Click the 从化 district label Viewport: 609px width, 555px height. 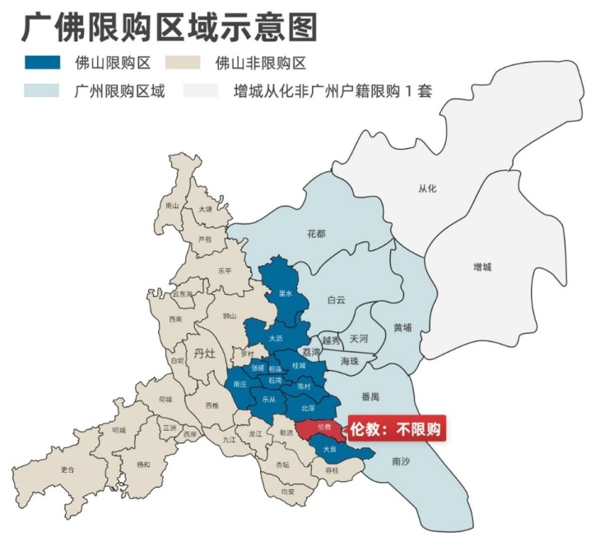click(427, 188)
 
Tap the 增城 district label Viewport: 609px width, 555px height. click(483, 267)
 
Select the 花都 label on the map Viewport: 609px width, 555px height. click(316, 234)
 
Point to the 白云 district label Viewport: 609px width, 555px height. click(336, 299)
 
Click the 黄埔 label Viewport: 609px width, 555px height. click(402, 327)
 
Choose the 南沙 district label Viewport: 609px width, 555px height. click(401, 460)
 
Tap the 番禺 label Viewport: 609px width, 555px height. click(370, 396)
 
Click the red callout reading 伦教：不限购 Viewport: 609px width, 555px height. click(396, 429)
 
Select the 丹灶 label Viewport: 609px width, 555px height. click(203, 354)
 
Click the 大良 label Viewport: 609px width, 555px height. click(329, 450)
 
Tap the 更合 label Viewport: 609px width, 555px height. click(67, 470)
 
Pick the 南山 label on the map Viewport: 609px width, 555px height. click(172, 206)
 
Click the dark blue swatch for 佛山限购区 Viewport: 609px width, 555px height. click(42, 62)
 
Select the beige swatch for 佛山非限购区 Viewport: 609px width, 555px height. click(184, 62)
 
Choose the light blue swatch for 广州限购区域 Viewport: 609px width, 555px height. click(42, 90)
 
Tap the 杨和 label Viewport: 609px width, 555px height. click(143, 465)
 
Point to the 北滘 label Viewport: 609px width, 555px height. click(308, 408)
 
